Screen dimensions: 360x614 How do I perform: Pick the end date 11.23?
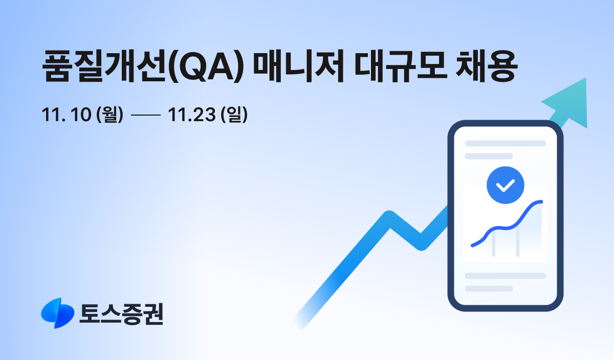point(191,116)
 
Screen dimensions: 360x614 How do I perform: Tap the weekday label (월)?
point(110,116)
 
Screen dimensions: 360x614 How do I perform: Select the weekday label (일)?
point(234,116)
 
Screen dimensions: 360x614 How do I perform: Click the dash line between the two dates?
point(145,116)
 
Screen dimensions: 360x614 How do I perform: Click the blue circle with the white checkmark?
point(506,185)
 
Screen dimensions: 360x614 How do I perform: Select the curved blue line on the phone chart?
point(507,226)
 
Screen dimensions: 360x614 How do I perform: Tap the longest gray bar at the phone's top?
point(505,144)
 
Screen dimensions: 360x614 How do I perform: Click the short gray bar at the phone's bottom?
point(489,288)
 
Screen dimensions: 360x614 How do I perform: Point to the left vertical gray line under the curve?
point(494,244)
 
